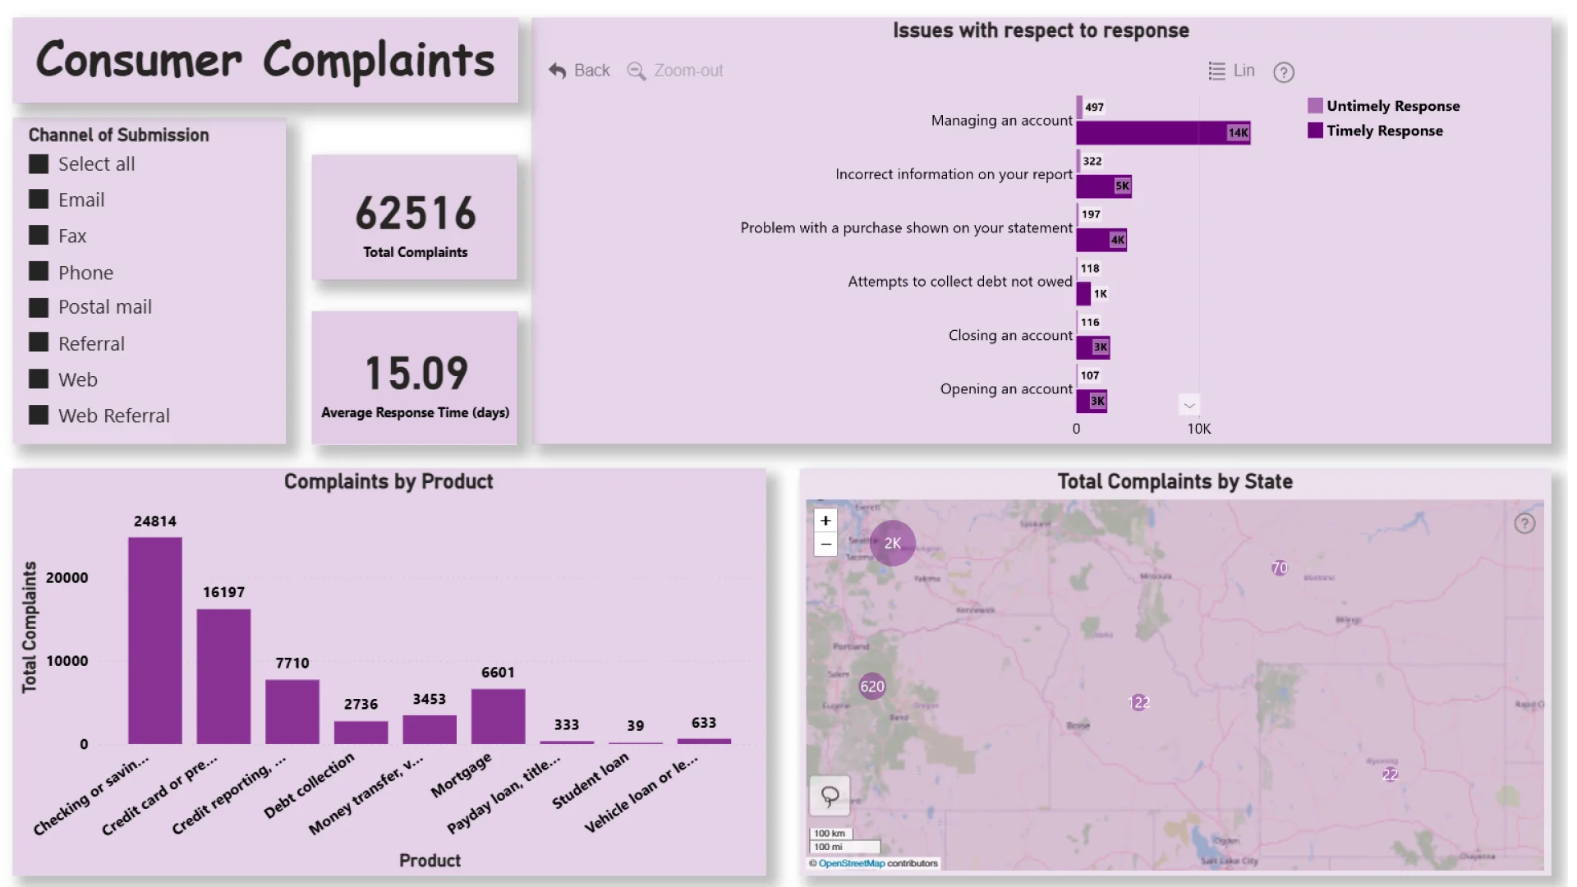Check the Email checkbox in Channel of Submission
click(39, 200)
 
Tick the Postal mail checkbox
click(39, 307)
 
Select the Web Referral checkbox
click(39, 416)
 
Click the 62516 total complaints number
click(416, 214)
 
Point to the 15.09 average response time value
click(416, 374)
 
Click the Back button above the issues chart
click(580, 71)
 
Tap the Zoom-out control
click(675, 71)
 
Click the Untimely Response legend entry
click(1392, 106)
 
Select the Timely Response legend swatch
click(1315, 131)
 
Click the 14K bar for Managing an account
click(1162, 132)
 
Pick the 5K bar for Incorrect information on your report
click(1103, 186)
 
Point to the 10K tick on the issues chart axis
click(1198, 429)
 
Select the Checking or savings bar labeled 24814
click(155, 641)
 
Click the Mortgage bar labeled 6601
click(498, 716)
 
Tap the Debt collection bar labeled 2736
click(361, 733)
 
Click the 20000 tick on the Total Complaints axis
click(67, 578)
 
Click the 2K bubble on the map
click(892, 543)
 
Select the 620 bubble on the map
click(872, 687)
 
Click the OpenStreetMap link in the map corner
click(851, 863)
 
